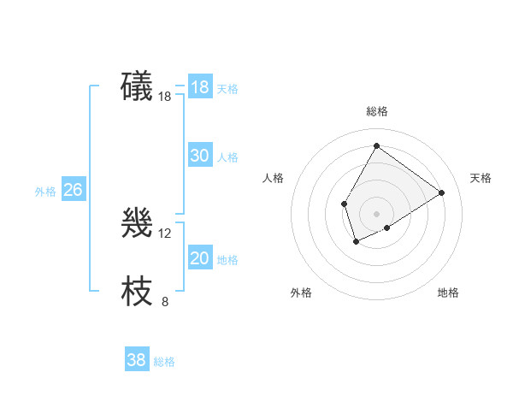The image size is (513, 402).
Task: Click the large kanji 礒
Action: point(138,87)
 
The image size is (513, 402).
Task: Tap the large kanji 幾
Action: point(138,225)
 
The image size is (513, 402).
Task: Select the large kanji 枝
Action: point(138,291)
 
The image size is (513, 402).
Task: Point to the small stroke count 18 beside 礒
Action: point(165,97)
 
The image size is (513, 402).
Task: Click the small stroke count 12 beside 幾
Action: point(165,234)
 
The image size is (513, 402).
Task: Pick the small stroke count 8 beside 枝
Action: point(165,301)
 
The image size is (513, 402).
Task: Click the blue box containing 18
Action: point(199,87)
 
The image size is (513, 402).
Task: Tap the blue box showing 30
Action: point(199,156)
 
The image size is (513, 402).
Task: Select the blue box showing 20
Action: point(199,258)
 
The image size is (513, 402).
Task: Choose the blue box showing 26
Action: point(73,190)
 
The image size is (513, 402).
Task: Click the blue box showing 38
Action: point(136,360)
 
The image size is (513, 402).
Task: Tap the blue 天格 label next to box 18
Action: point(227,88)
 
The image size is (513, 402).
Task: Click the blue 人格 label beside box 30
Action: point(227,157)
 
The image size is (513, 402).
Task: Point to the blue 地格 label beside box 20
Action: point(227,259)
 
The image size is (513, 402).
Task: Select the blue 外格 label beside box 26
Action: point(45,192)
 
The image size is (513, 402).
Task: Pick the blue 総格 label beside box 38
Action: point(164,362)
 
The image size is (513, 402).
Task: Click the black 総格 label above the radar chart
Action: point(376,111)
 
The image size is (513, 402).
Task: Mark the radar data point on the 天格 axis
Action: point(441,192)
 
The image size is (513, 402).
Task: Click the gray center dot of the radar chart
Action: point(376,213)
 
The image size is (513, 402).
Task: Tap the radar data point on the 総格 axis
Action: point(376,145)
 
